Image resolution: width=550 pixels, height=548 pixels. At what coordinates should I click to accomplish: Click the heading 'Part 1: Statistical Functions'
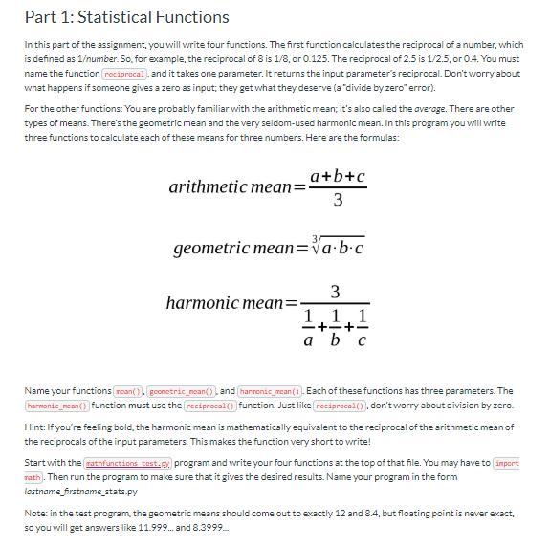tap(126, 17)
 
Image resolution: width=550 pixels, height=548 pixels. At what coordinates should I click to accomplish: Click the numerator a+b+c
tap(338, 176)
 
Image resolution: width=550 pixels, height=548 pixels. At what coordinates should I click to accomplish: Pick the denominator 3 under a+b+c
tap(338, 201)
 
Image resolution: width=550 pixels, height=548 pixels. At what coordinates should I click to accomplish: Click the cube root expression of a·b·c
tap(338, 248)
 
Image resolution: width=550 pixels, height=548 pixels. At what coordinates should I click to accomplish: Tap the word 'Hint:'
tap(36, 427)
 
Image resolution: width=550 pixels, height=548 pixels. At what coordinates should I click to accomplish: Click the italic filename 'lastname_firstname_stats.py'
tap(80, 491)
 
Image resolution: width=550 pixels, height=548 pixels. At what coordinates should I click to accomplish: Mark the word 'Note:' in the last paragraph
tap(37, 513)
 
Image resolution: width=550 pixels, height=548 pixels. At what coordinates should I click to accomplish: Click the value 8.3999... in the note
tap(209, 527)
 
